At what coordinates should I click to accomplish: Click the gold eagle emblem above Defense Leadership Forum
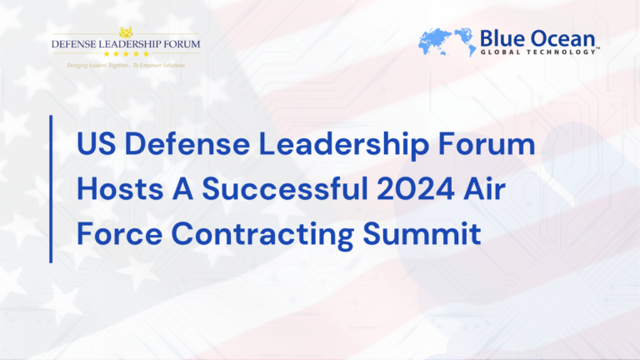click(x=125, y=32)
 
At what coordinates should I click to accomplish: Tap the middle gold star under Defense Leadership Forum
click(x=125, y=54)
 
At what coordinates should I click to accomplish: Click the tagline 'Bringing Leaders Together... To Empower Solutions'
click(x=125, y=64)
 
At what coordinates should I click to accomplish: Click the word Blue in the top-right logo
click(x=498, y=37)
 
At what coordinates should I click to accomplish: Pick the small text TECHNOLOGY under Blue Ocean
click(x=561, y=52)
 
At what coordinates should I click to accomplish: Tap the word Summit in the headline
click(x=431, y=234)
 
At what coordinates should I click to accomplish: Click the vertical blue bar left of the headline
click(x=52, y=190)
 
